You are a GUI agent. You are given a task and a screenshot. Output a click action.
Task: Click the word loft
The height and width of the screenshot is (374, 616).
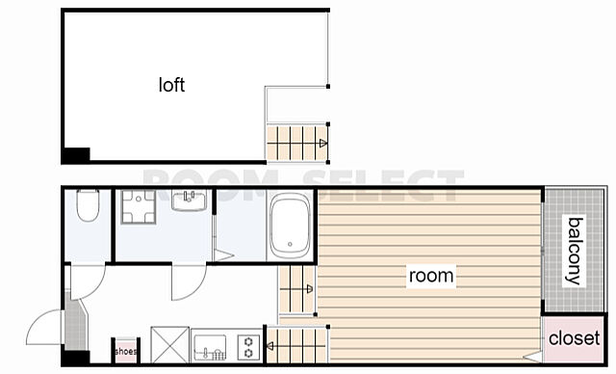[171, 85]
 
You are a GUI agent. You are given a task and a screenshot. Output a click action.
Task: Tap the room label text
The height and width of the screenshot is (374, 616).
[431, 276]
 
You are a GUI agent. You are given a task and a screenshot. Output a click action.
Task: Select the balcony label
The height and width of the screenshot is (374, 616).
[574, 251]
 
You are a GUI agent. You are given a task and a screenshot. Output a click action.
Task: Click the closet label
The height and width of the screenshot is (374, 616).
[574, 338]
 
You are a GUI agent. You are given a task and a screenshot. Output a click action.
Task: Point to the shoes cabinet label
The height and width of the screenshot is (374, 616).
[126, 351]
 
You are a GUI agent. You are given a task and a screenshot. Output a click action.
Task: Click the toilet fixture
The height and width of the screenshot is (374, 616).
[88, 205]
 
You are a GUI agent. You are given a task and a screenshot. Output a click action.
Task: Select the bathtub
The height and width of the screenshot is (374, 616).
[290, 226]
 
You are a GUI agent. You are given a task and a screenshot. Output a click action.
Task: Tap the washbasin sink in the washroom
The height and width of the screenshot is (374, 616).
[189, 200]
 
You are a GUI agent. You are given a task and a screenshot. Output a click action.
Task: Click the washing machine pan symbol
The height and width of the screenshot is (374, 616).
[139, 207]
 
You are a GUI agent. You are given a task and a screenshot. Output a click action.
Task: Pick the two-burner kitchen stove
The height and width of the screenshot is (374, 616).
[248, 347]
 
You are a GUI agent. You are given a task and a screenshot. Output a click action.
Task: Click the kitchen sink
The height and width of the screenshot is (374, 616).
[210, 348]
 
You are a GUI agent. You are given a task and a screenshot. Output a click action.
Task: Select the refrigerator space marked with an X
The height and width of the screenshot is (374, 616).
[169, 345]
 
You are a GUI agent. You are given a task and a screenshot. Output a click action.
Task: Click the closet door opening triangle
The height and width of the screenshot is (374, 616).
[534, 357]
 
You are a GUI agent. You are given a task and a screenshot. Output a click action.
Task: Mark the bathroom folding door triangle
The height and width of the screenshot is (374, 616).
[222, 254]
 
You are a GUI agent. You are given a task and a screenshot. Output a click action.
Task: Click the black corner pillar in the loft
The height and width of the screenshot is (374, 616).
[76, 155]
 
